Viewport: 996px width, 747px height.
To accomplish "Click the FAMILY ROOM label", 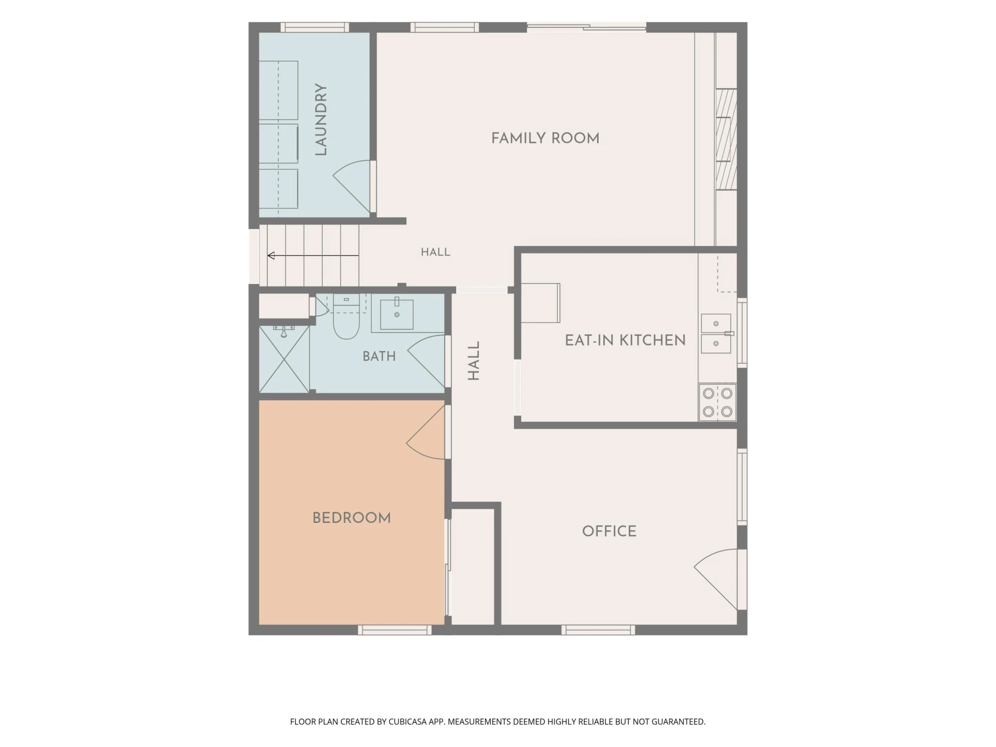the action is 545,138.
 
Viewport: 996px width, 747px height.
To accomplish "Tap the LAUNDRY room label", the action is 321,120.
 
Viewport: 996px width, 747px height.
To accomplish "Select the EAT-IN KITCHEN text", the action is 625,340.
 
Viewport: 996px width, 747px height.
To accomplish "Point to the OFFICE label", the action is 609,531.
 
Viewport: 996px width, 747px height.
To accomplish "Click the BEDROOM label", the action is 352,518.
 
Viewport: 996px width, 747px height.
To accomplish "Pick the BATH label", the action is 379,356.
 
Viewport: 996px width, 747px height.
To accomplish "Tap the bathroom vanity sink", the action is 397,314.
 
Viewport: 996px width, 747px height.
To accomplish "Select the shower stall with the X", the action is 284,359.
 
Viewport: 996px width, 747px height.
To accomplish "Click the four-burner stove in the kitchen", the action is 717,402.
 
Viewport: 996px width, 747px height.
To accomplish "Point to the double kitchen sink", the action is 716,334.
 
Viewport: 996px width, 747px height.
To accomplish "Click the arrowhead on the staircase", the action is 271,255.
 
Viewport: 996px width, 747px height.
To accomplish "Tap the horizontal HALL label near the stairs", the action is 435,252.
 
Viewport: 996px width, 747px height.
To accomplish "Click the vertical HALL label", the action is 474,361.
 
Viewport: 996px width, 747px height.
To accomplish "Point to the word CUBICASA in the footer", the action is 410,722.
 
